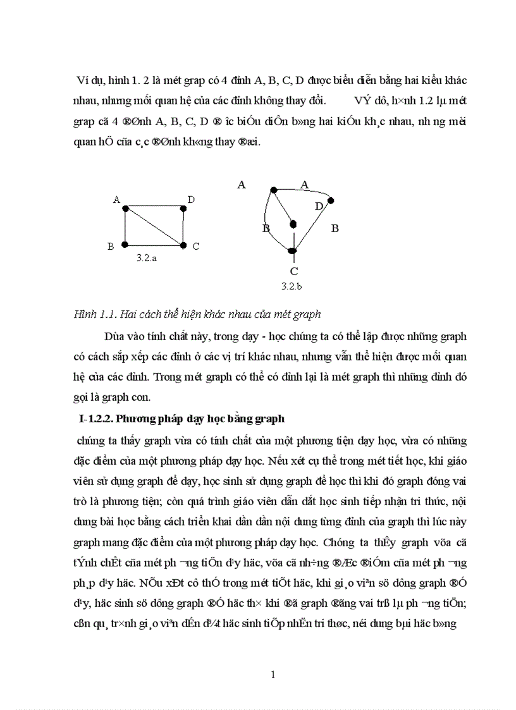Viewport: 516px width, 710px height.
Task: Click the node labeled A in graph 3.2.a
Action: click(125, 208)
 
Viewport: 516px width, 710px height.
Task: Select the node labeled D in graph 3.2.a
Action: click(183, 208)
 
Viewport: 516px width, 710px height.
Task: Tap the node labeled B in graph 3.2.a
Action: click(125, 244)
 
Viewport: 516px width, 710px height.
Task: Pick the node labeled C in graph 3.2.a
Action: click(183, 244)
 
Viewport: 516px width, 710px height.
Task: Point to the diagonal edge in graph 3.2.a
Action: click(154, 226)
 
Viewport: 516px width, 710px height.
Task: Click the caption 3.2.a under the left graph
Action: click(147, 259)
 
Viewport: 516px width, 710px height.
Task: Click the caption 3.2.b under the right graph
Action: click(292, 286)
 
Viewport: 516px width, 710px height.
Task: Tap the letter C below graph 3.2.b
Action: click(293, 271)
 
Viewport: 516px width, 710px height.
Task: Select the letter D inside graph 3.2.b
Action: click(319, 206)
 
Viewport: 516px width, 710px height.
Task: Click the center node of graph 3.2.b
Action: click(293, 223)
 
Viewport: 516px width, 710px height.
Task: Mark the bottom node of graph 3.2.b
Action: click(292, 251)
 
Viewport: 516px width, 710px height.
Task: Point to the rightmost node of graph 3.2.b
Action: click(330, 200)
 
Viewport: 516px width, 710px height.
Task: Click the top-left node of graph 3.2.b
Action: click(274, 190)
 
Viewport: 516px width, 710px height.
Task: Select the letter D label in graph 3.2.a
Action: click(190, 200)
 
